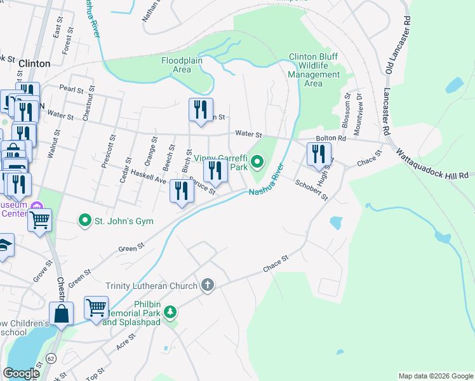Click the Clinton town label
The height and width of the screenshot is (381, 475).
[34, 63]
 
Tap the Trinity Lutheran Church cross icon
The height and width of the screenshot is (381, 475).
[208, 286]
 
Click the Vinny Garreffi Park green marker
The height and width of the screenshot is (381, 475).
[257, 163]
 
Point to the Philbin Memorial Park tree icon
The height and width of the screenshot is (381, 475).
[170, 312]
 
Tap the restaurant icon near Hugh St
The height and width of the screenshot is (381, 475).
[319, 154]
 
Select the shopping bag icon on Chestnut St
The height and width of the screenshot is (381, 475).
[62, 314]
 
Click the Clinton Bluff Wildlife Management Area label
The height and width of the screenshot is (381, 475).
[314, 70]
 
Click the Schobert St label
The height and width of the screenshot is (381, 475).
[311, 189]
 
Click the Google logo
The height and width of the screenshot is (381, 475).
[22, 373]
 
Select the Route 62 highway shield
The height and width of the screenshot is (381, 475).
[50, 359]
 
